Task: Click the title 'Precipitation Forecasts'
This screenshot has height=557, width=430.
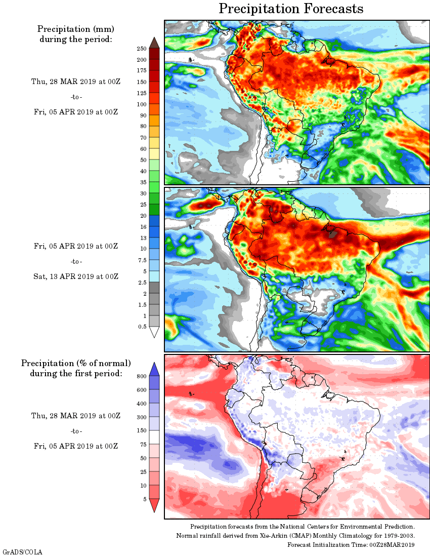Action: coord(291,9)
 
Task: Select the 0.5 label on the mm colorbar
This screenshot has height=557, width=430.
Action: coord(143,327)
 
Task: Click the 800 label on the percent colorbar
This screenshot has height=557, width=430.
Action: coord(141,377)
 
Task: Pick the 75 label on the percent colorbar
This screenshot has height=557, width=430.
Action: coord(143,445)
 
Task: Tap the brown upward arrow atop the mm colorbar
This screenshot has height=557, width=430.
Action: coord(154,43)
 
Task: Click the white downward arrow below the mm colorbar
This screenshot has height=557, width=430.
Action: coord(154,332)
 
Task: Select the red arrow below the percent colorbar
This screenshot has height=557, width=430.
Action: coord(154,505)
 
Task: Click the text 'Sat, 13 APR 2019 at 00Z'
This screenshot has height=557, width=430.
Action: coord(76,276)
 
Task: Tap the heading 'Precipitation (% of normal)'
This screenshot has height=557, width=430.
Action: coord(76,364)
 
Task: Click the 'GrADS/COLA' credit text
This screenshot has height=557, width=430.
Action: coord(23,551)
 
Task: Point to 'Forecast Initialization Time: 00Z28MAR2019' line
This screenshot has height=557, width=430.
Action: coord(351,544)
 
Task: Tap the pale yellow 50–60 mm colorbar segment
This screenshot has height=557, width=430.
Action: coord(154,154)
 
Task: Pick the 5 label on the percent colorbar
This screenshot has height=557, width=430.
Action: coord(145,499)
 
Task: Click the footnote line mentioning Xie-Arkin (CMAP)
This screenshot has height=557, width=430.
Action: coord(295,536)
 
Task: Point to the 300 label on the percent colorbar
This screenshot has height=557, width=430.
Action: coord(141,417)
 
